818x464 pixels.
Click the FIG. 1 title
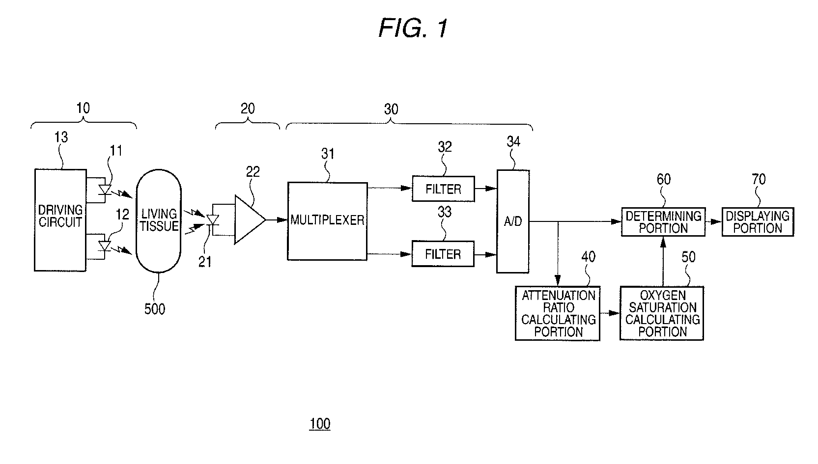[413, 28]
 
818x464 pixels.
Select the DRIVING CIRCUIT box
[60, 220]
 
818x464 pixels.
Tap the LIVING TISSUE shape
[159, 221]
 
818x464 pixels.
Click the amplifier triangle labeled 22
[250, 219]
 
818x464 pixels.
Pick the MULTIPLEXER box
[327, 221]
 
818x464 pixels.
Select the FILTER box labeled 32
[443, 189]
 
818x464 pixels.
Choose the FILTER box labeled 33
[443, 254]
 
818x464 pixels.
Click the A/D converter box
[513, 221]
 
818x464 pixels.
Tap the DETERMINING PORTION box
[663, 222]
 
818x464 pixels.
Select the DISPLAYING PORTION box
[758, 222]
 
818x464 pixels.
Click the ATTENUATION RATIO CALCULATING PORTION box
[558, 314]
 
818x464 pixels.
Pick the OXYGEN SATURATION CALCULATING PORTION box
[662, 314]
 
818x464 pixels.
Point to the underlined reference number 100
[320, 424]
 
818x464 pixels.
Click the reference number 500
[154, 309]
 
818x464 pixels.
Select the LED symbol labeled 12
[105, 246]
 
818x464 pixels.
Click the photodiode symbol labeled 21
[213, 220]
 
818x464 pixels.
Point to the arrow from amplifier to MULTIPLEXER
[277, 220]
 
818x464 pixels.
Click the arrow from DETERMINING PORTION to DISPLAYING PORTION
[713, 221]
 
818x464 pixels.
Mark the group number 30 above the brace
[391, 109]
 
